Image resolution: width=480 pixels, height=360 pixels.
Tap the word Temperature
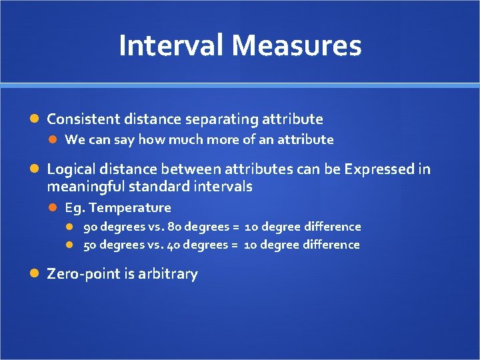tap(139, 208)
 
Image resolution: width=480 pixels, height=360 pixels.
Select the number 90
tap(90, 227)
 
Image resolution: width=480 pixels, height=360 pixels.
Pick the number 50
tap(90, 245)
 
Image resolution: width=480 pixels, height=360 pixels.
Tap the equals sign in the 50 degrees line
tap(235, 245)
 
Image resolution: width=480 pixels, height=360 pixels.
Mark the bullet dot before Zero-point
tap(37, 274)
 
